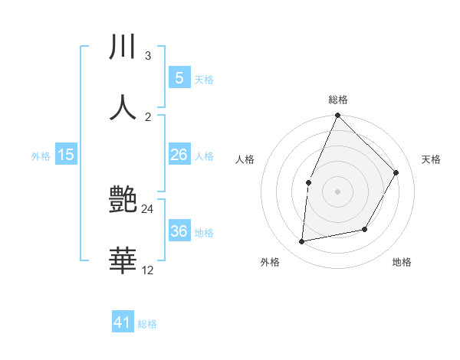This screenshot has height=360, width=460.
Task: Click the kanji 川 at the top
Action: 122,47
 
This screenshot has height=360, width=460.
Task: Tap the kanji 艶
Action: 123,201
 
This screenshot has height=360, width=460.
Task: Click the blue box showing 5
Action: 179,77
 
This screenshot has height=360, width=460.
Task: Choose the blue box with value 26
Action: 179,155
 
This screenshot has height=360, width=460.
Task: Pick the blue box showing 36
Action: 179,231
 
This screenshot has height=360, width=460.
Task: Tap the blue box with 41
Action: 123,322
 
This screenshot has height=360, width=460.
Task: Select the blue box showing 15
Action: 66,155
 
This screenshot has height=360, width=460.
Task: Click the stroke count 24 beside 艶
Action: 148,208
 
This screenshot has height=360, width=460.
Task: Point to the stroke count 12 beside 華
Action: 148,270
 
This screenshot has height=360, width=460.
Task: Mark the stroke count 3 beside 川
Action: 147,56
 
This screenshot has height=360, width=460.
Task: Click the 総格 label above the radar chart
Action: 337,100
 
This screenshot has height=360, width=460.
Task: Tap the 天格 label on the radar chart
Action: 432,159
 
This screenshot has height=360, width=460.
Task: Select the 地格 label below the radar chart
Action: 402,262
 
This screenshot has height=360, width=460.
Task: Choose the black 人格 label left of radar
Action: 245,159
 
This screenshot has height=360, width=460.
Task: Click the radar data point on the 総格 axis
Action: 337,116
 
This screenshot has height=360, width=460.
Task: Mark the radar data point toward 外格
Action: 302,241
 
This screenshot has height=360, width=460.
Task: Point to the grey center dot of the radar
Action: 337,191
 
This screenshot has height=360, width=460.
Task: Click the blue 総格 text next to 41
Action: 147,324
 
